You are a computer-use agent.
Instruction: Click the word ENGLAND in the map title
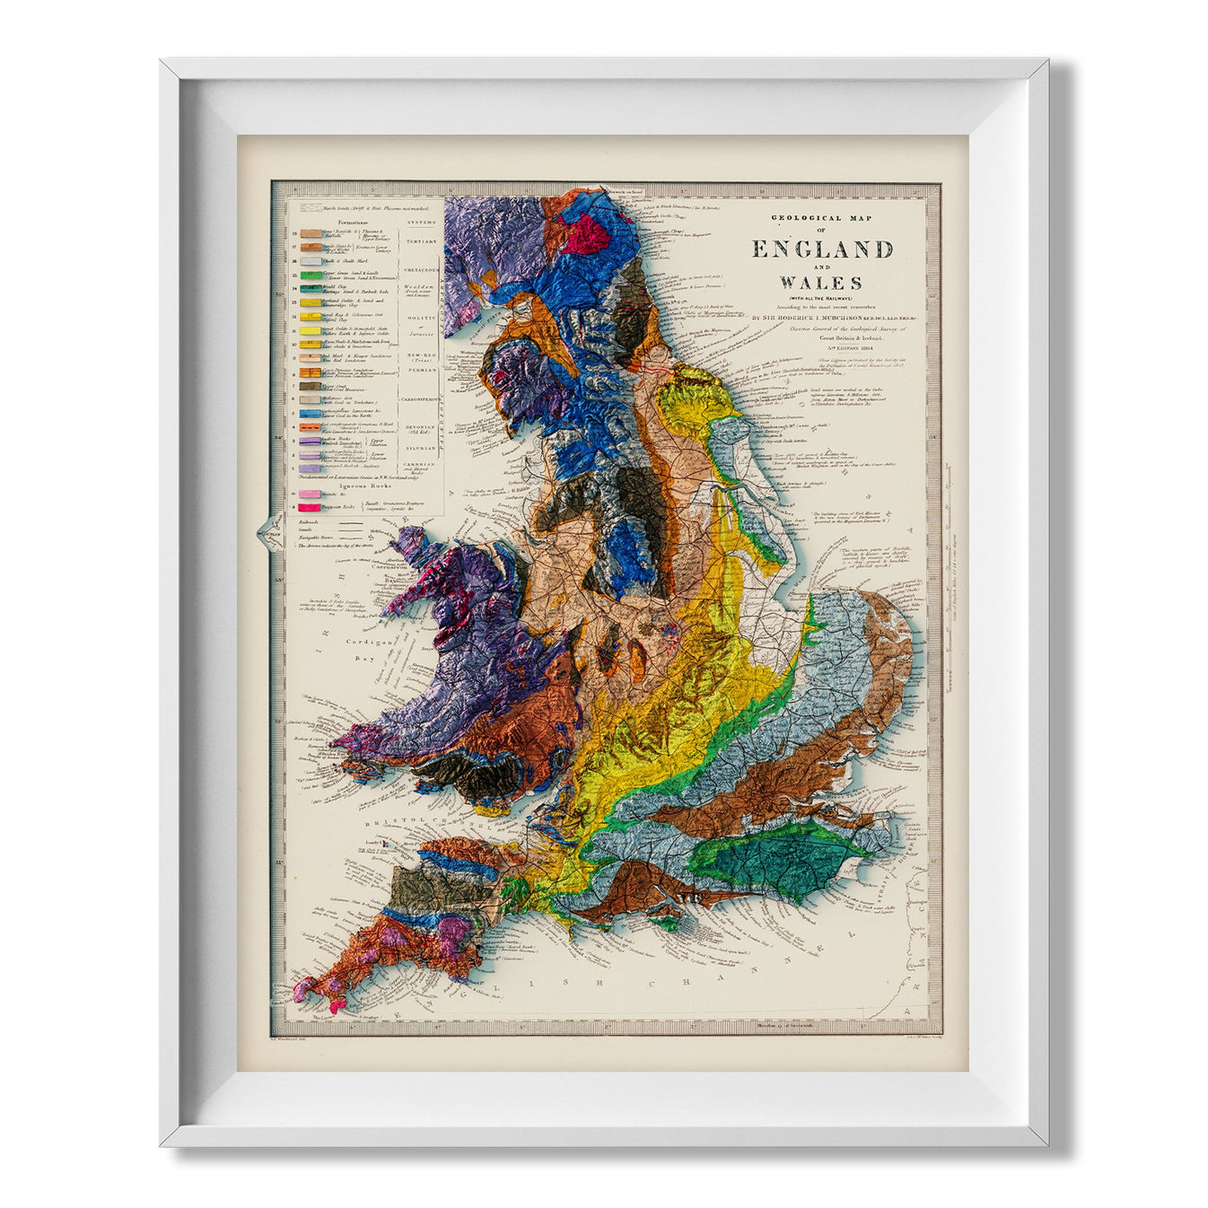click(x=822, y=249)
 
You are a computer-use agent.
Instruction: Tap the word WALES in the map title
click(x=822, y=284)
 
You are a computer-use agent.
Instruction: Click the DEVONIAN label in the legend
click(x=421, y=427)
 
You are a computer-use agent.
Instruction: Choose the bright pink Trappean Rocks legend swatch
click(x=310, y=508)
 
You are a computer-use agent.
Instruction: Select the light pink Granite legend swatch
click(x=310, y=495)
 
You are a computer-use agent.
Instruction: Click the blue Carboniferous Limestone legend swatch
click(x=310, y=414)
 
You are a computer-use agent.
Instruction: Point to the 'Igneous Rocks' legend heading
click(x=366, y=486)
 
